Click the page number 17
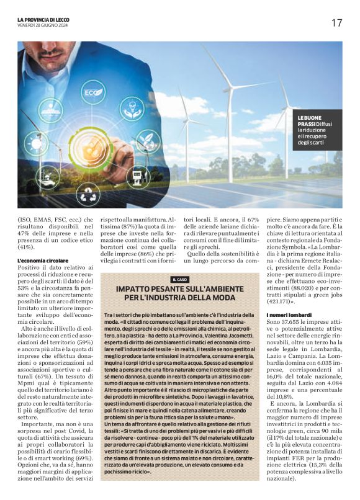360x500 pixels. click(336, 23)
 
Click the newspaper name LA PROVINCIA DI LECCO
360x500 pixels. click(43, 20)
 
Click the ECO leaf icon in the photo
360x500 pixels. click(94, 93)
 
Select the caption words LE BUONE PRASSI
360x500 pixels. click(308, 120)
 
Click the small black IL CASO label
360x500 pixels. click(180, 279)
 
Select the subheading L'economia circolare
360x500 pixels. click(43, 260)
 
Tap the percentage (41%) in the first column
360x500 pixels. click(29, 246)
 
